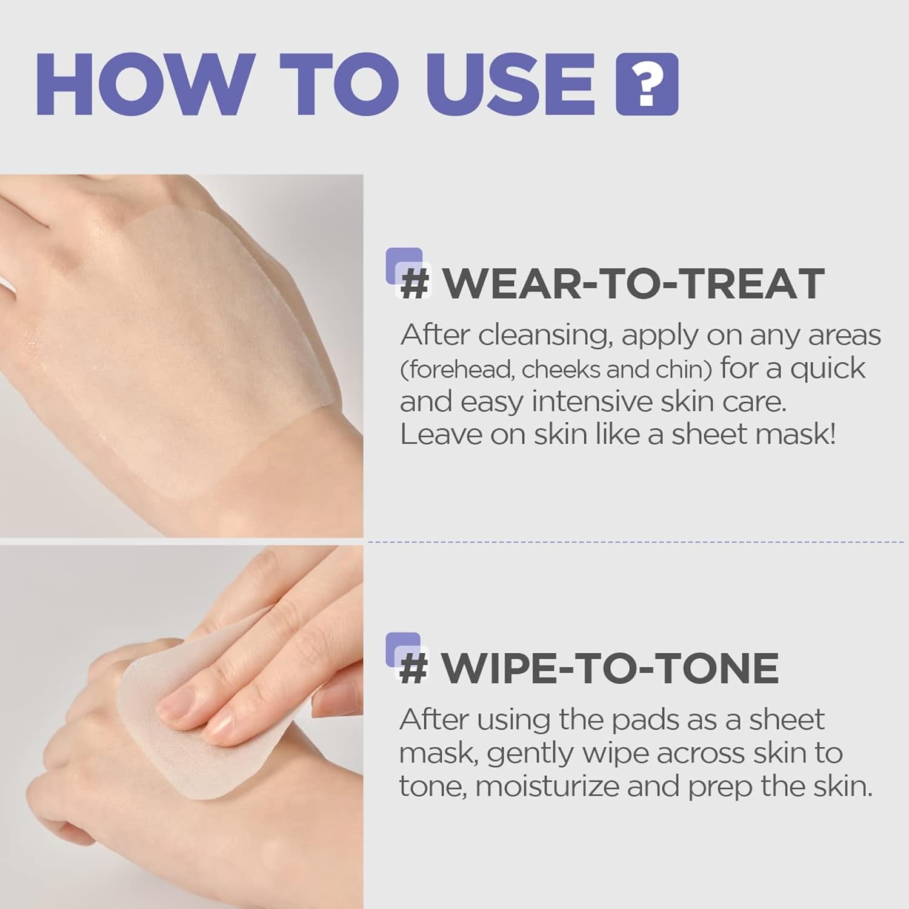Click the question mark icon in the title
(x=647, y=84)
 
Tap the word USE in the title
(x=510, y=84)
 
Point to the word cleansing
(x=543, y=335)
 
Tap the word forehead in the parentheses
(x=461, y=369)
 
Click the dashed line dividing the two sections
(x=636, y=542)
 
